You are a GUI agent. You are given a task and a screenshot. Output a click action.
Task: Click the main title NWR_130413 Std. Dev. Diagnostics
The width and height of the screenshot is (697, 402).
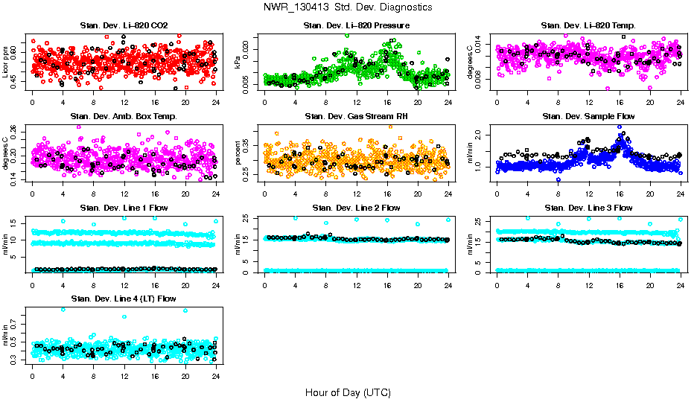tap(348, 7)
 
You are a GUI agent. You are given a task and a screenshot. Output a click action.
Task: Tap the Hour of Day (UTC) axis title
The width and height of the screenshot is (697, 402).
tap(348, 392)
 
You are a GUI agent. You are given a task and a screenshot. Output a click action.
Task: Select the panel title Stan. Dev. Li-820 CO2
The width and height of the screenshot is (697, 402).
tap(124, 26)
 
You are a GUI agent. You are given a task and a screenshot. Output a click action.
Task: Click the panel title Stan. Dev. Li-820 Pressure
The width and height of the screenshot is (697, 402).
tap(356, 26)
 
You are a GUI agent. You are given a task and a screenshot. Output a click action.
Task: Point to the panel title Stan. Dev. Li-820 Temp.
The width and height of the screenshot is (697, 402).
tap(588, 26)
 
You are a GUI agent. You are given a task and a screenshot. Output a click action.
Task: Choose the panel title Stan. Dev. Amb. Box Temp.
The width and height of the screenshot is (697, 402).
tap(124, 116)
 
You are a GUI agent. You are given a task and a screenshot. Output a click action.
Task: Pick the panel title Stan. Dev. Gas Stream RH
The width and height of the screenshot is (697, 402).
tap(356, 116)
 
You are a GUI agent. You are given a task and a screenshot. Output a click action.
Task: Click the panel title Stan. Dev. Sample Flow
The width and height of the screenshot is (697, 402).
tap(588, 116)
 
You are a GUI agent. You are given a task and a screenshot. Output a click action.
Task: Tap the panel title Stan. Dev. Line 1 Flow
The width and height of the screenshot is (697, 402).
tap(124, 208)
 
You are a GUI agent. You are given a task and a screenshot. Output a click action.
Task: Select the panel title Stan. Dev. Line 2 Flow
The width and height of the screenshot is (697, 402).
tap(356, 208)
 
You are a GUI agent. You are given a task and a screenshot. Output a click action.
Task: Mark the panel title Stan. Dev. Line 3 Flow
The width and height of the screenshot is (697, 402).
tap(588, 208)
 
